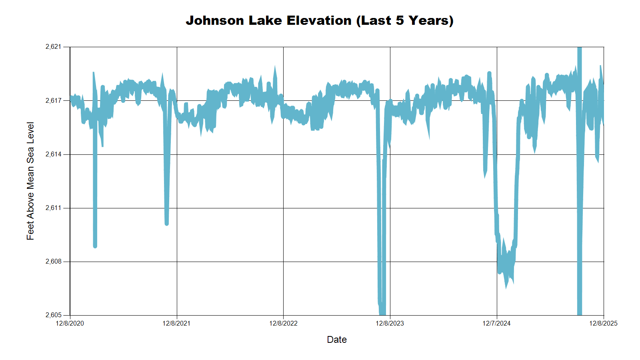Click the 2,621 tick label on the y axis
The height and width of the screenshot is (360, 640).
coord(54,47)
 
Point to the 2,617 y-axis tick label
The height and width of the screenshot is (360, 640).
coord(54,100)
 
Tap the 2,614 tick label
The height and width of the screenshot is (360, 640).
coord(54,154)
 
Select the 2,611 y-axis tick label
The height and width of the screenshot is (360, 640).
coord(54,208)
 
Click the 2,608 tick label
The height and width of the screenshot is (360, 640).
coord(54,261)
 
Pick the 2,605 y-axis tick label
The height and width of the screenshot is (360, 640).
coord(54,315)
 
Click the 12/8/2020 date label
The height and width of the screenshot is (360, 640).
coord(70,323)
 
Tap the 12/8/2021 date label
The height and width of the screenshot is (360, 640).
coord(176,323)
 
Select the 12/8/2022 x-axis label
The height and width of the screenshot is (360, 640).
coord(283,323)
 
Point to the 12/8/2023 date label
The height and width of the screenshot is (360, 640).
coord(390,323)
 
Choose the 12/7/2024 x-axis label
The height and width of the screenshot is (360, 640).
coord(496,323)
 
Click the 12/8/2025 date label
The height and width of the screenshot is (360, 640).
coord(603,323)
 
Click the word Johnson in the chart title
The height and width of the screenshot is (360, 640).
coord(215,20)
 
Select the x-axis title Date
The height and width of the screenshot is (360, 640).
coord(337,340)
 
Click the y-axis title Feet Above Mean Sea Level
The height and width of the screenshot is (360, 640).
coord(30,181)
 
